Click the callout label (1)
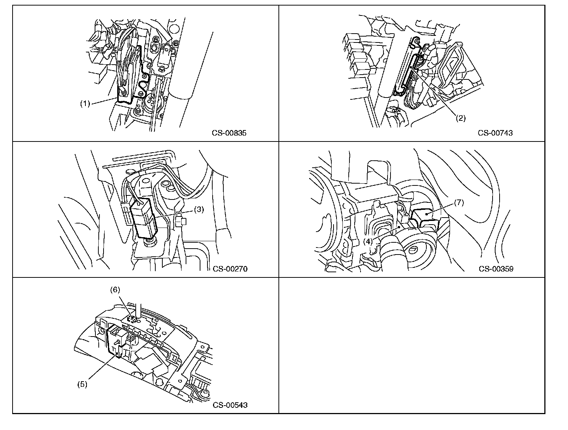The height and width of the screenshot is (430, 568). [x=85, y=104]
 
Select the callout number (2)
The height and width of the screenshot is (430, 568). [x=460, y=118]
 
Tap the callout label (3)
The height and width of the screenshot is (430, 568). [x=199, y=210]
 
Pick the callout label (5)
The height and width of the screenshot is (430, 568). [x=82, y=384]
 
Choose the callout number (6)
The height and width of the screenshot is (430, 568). [x=115, y=290]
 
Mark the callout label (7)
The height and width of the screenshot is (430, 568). [x=459, y=202]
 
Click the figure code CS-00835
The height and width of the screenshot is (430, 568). [x=229, y=133]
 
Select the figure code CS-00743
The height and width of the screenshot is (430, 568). [x=495, y=133]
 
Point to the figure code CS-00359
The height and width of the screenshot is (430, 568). [x=496, y=269]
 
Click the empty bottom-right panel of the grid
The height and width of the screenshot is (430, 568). [x=412, y=345]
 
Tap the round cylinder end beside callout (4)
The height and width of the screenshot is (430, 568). [x=422, y=253]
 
